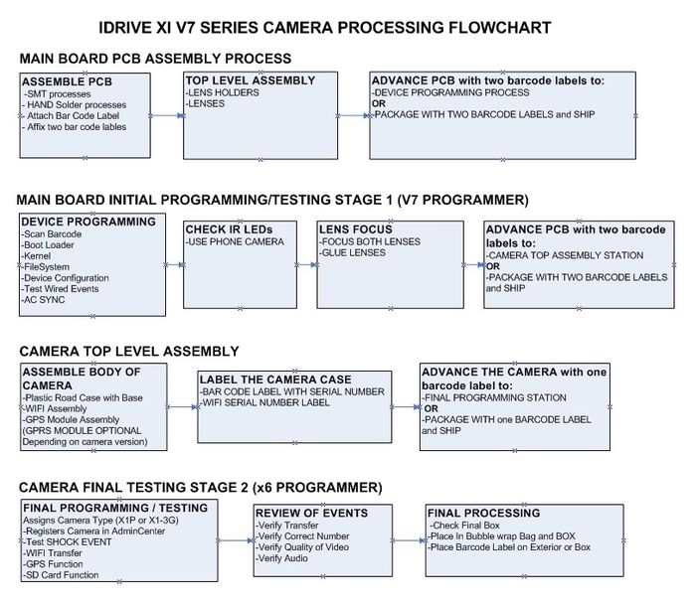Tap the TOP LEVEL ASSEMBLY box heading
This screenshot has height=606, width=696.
coord(250,80)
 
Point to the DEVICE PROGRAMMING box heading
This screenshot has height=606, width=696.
coord(87,221)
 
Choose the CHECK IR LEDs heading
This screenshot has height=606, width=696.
coord(228,230)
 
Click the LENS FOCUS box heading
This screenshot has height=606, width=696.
coord(355,229)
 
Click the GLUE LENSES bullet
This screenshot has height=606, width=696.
coord(353,253)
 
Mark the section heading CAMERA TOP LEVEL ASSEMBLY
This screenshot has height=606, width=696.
coord(128,351)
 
